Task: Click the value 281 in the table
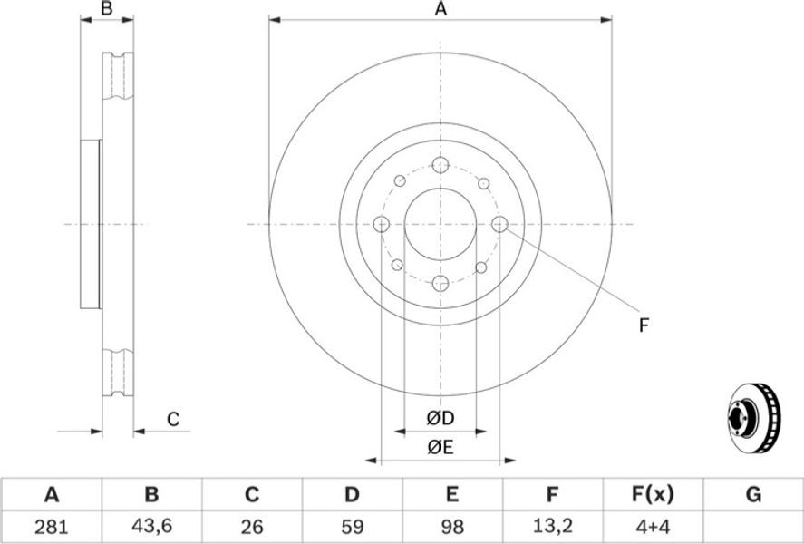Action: coord(52,526)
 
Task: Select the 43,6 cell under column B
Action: coord(151,527)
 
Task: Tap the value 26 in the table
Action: coord(251,526)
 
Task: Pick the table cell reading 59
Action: coord(352,526)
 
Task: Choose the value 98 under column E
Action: coord(451,526)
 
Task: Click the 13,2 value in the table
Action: coord(552,527)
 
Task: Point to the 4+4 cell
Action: coord(653,526)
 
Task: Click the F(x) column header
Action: coord(653,494)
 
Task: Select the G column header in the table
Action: coord(753,494)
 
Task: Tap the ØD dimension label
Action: coord(441,418)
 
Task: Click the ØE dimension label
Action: coord(441,448)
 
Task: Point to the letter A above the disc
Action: coord(441,9)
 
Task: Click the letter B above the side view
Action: coord(107,9)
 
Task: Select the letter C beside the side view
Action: coord(173,419)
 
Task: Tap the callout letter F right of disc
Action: coord(644,325)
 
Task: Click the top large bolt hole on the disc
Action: coord(441,165)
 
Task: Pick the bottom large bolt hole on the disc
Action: coord(441,283)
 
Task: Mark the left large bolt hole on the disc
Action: coord(382,224)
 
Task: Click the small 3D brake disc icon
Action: coord(755,417)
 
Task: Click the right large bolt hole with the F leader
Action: coord(499,224)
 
